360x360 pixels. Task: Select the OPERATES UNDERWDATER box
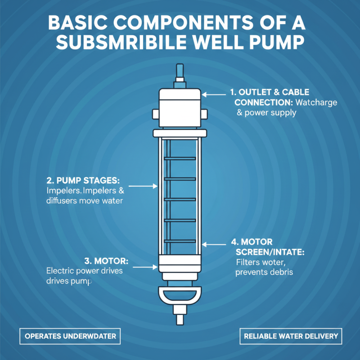[x=70, y=336]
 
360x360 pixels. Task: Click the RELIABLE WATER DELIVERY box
[x=290, y=336]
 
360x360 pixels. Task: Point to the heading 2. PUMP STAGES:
[x=83, y=180]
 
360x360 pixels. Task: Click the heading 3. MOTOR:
[x=107, y=261]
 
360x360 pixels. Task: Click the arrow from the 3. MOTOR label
[x=144, y=267]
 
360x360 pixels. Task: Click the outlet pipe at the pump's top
[x=180, y=72]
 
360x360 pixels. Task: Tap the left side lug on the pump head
[x=156, y=114]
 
